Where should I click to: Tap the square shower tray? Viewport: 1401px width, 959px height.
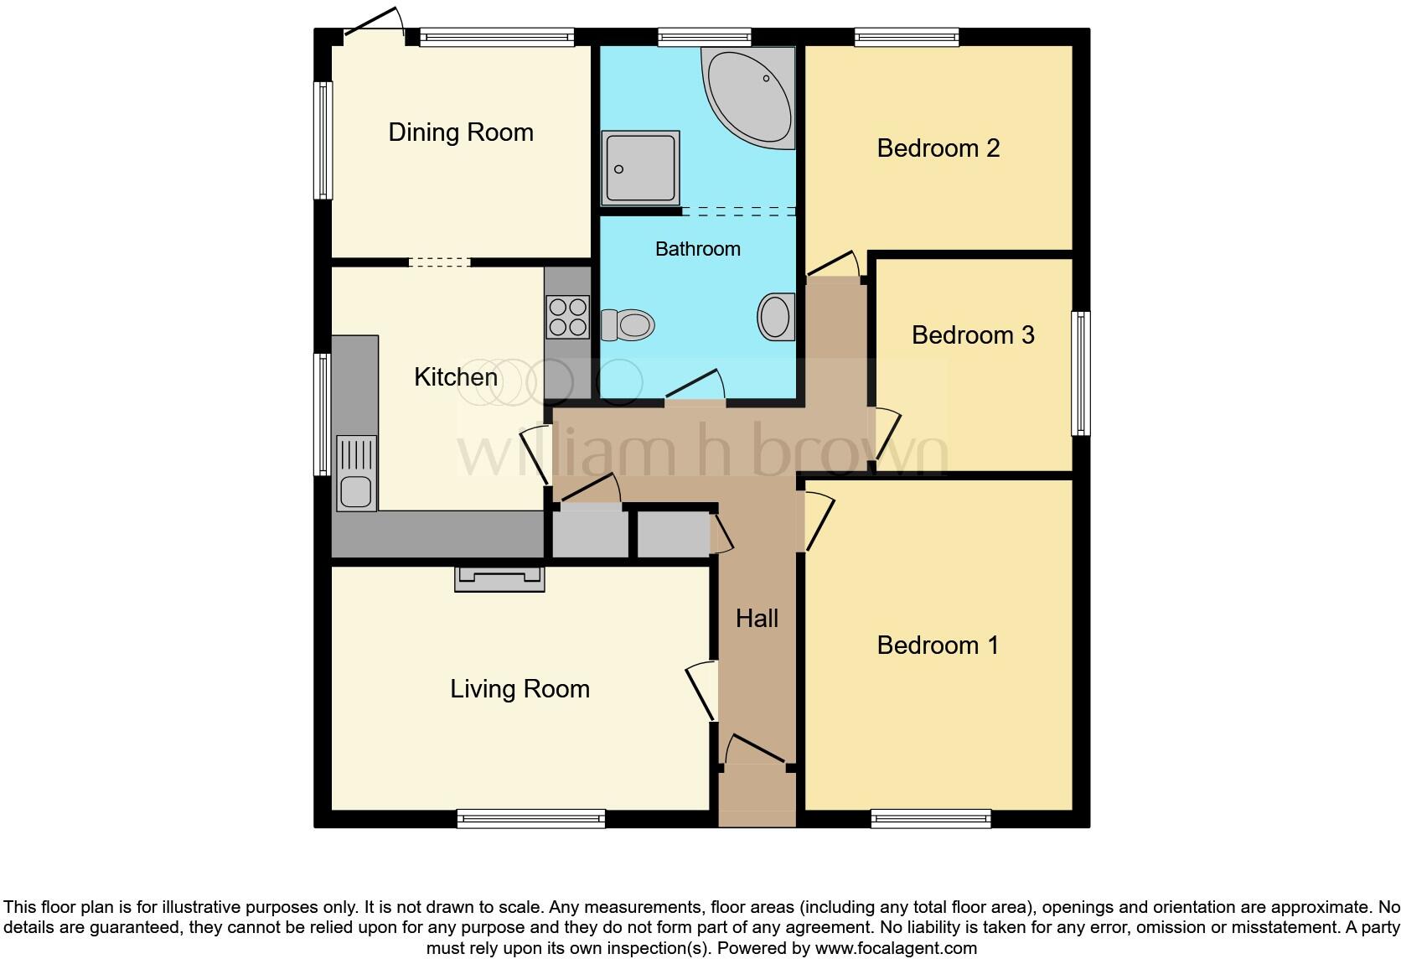tap(640, 168)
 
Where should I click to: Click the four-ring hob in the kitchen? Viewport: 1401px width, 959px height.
tap(567, 317)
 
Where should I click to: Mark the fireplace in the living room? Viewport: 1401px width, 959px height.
tap(499, 578)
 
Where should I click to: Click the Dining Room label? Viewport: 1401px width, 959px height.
tap(461, 132)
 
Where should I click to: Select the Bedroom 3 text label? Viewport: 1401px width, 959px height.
tap(973, 335)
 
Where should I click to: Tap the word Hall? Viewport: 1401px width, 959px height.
tap(757, 619)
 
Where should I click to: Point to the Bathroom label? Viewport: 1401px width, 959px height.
tap(697, 249)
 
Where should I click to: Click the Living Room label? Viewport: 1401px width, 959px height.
tap(520, 689)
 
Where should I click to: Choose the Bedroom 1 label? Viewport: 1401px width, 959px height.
tap(938, 645)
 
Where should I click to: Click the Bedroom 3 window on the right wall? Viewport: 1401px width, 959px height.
tap(1081, 373)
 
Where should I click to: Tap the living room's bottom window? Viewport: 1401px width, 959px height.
tap(531, 818)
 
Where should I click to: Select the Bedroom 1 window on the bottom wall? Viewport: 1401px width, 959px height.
tap(931, 818)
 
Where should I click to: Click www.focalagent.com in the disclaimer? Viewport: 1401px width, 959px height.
tap(896, 949)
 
